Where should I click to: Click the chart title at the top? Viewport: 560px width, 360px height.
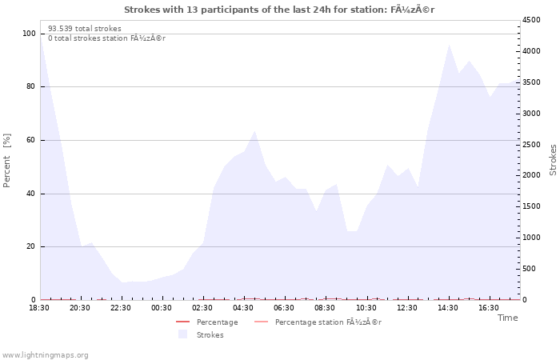(x=279, y=10)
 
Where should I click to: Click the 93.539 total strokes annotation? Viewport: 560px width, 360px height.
(x=85, y=29)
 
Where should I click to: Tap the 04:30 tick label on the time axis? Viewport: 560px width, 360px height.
(x=243, y=308)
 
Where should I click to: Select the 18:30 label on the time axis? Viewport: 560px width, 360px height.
(x=39, y=308)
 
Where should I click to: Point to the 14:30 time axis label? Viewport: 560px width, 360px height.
(x=448, y=308)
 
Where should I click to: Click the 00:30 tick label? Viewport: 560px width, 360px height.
(x=162, y=308)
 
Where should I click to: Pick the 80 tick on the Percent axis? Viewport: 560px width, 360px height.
(x=30, y=86)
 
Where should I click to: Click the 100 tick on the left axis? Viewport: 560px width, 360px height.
(x=29, y=34)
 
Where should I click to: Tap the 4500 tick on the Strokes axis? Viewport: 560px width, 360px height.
(x=531, y=20)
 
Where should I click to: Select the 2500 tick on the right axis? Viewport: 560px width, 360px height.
(x=531, y=145)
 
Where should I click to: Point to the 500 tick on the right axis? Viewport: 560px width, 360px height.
(x=529, y=269)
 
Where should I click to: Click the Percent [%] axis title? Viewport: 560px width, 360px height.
(x=6, y=160)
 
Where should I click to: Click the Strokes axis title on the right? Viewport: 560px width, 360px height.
(x=553, y=160)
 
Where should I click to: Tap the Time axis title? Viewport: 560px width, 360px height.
(x=507, y=318)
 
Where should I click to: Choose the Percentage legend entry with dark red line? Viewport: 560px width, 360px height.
(x=206, y=322)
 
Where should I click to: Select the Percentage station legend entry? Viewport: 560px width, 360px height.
(x=318, y=322)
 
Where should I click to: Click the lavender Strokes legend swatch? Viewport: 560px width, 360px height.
(x=182, y=334)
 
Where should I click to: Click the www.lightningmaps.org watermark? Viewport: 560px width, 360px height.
(x=45, y=355)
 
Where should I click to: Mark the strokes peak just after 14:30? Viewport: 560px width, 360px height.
(x=449, y=45)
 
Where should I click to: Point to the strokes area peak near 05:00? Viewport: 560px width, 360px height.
(x=254, y=131)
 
